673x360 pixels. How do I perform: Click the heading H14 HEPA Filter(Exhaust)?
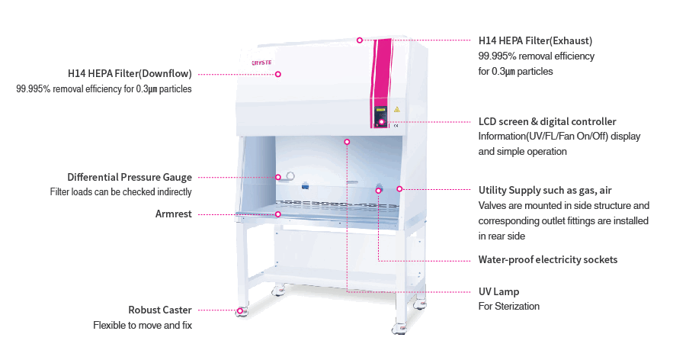(x=535, y=40)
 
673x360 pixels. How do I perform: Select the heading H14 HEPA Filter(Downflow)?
(x=130, y=74)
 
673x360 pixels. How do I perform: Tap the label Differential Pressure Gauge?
(x=130, y=177)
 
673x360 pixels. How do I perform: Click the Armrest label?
(x=174, y=214)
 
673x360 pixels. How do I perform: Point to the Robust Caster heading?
(x=160, y=310)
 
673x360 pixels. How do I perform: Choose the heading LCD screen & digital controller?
(x=547, y=122)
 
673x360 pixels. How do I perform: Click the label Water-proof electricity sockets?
(x=547, y=260)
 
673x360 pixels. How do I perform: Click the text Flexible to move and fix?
(x=143, y=326)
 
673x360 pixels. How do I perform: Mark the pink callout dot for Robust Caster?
(x=240, y=310)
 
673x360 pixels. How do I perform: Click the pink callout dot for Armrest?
(x=278, y=214)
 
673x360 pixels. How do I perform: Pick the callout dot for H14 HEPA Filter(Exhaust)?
(x=360, y=40)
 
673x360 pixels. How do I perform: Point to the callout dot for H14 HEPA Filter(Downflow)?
(x=278, y=74)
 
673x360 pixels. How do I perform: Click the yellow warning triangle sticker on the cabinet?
(x=396, y=110)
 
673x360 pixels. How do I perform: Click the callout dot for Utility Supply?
(x=399, y=188)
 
